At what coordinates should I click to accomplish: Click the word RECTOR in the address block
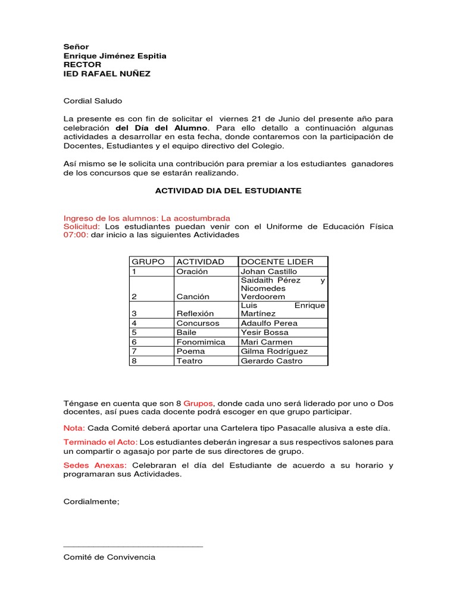(x=82, y=65)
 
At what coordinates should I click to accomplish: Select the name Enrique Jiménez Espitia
(x=115, y=56)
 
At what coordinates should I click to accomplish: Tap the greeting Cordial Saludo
(x=92, y=102)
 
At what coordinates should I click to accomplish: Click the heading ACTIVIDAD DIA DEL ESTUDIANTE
(x=228, y=191)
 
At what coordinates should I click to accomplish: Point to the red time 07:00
(x=76, y=235)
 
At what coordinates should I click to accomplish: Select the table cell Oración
(x=192, y=271)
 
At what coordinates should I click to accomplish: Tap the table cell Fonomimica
(x=201, y=342)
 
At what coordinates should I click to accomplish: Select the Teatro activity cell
(x=189, y=361)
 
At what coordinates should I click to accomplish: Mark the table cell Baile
(x=187, y=332)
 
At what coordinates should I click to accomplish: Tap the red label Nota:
(x=74, y=428)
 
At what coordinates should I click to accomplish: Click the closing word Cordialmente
(x=91, y=501)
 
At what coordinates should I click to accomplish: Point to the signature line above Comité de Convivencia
(x=133, y=546)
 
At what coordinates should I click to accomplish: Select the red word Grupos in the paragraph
(x=197, y=403)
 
